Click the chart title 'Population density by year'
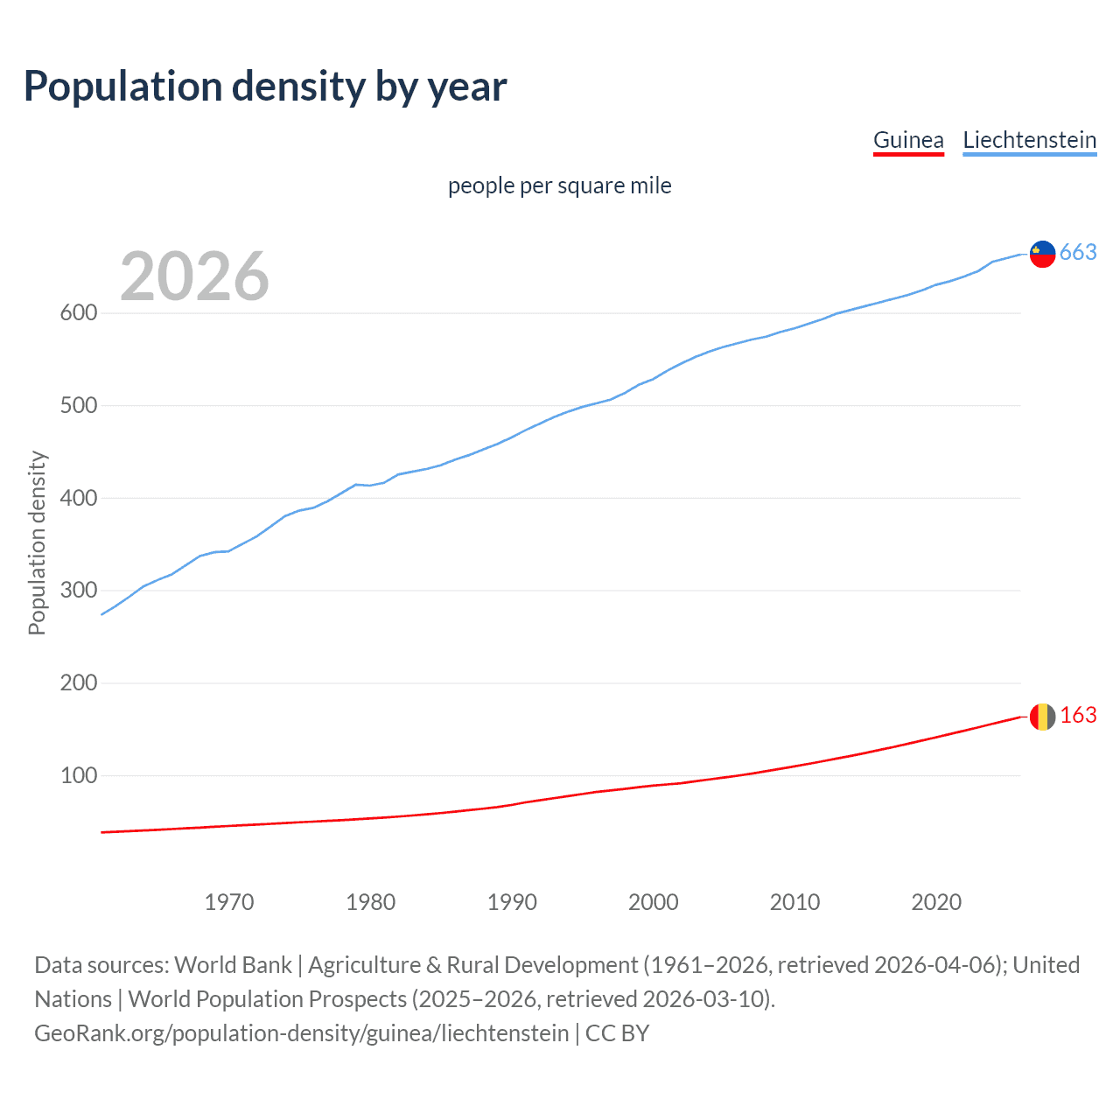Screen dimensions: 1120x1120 [265, 87]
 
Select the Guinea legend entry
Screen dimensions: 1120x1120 [908, 140]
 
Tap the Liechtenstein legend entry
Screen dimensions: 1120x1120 [1029, 140]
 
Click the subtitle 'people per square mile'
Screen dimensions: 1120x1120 [559, 186]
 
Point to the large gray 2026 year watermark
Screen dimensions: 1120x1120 [194, 276]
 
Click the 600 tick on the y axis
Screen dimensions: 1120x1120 [78, 313]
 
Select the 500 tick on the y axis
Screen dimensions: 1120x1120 [78, 406]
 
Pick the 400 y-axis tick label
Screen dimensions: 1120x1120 [78, 498]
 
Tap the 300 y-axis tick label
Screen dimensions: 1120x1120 [78, 591]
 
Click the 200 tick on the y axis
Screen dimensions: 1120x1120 [78, 683]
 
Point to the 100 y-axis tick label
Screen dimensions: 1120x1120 [78, 775]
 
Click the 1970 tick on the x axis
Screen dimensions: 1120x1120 [229, 902]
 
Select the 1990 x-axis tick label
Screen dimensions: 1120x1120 [512, 902]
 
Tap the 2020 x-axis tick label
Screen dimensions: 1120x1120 [936, 902]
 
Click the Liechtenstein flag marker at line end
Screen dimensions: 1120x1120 [1042, 254]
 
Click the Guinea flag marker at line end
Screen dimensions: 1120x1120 [1042, 717]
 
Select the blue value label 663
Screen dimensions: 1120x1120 [1078, 253]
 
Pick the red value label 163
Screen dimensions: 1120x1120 [1078, 716]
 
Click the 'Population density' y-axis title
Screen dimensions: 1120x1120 [37, 542]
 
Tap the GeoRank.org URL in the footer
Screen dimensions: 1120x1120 [301, 1033]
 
